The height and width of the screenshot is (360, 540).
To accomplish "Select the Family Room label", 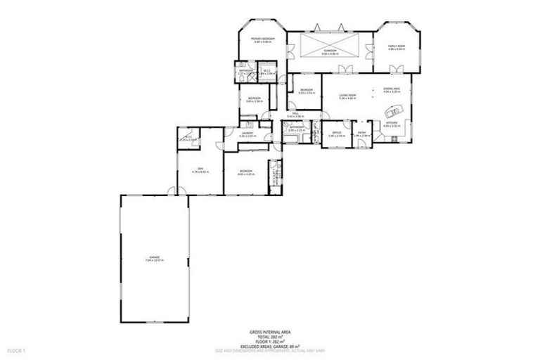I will pos(397,46).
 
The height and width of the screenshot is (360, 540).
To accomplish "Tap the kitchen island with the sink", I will pos(392,110).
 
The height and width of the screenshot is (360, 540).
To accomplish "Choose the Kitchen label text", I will pos(391,122).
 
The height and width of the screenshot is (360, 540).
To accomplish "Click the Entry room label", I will pos(362,132).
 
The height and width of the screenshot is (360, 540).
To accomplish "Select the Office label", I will pos(336,132).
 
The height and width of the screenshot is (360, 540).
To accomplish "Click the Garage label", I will pos(154,257).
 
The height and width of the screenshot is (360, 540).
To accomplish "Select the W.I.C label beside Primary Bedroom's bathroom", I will pos(267,70).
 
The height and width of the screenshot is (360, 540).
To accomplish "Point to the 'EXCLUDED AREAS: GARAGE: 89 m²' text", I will pos(270,346).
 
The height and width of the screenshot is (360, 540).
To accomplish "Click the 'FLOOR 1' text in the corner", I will pos(16,350).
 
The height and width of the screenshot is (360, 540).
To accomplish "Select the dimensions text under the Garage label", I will pos(154,261).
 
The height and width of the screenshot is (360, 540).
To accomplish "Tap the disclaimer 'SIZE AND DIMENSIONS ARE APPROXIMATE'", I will pos(270,351).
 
